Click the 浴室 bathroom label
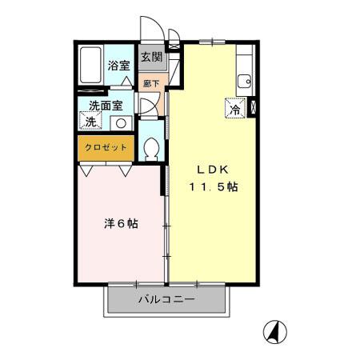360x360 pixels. [118, 66]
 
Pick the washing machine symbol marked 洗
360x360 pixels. [89, 122]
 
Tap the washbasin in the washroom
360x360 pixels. [120, 122]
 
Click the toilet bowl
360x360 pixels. [151, 149]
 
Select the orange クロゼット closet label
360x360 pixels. [106, 148]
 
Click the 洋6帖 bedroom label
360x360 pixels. [121, 224]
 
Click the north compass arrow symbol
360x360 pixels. [275, 330]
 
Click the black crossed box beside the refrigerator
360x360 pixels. [254, 109]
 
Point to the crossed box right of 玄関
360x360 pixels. [174, 57]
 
